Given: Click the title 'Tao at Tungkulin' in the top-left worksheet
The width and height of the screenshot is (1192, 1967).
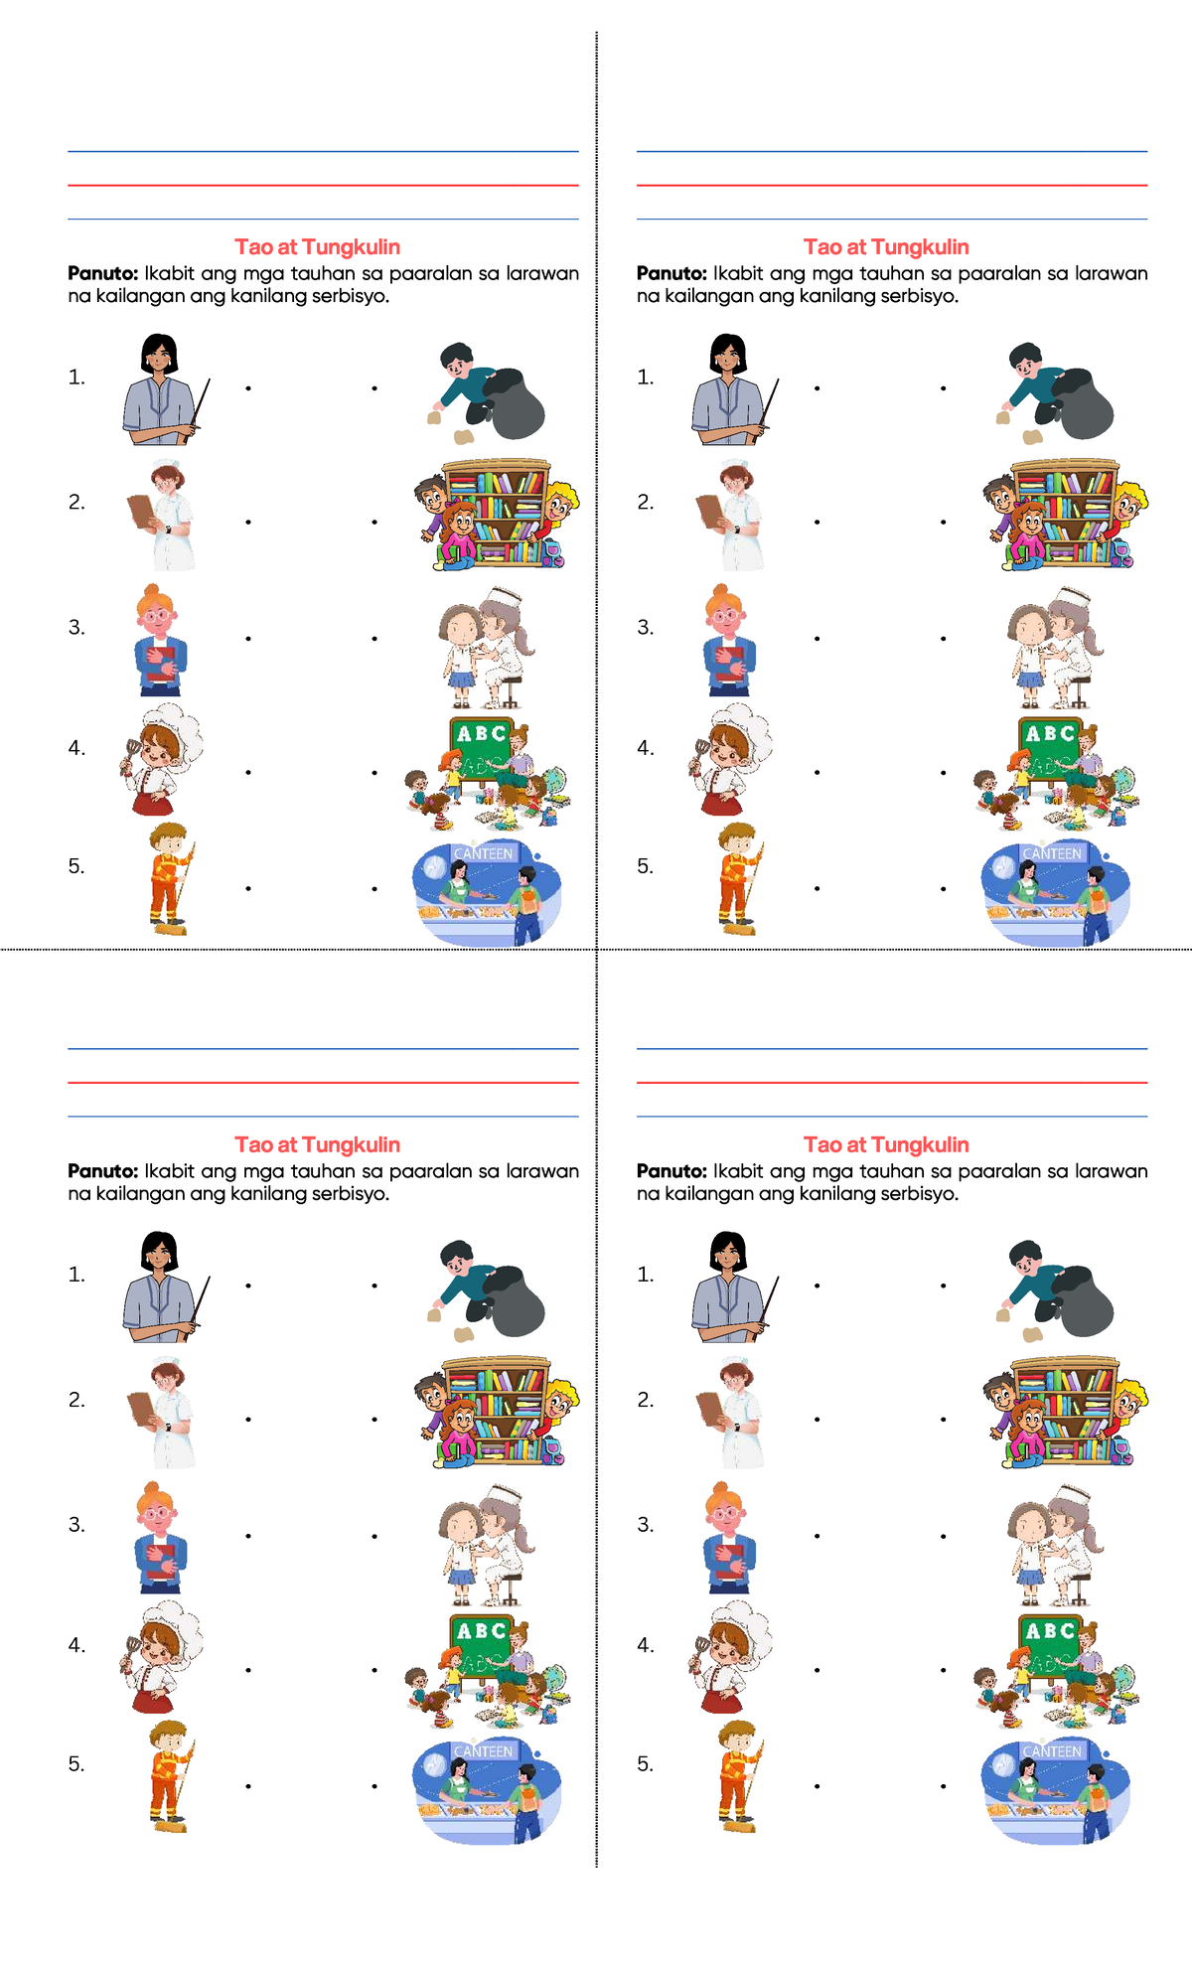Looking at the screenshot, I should click(x=317, y=247).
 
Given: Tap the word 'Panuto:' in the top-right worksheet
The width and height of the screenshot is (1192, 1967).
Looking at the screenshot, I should click(x=670, y=273).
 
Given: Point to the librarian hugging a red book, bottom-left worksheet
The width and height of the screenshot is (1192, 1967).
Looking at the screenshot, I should click(x=158, y=1538).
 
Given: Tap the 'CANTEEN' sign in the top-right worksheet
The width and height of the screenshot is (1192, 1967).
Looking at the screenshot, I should click(x=1052, y=853).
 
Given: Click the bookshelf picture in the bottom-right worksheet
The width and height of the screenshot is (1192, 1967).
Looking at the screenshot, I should click(x=1065, y=1411).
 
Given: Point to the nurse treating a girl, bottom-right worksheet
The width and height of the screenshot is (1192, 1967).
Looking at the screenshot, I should click(x=1055, y=1546).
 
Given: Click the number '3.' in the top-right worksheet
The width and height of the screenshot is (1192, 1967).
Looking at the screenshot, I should click(x=646, y=627).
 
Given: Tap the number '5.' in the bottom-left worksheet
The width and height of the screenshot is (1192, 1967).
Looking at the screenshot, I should click(x=76, y=1764).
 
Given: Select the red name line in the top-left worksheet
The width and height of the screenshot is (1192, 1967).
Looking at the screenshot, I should click(x=323, y=186).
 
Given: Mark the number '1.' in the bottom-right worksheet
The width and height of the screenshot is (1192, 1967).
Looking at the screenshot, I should click(x=646, y=1275).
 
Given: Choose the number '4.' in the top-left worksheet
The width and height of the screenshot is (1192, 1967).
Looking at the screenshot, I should click(x=76, y=748).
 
